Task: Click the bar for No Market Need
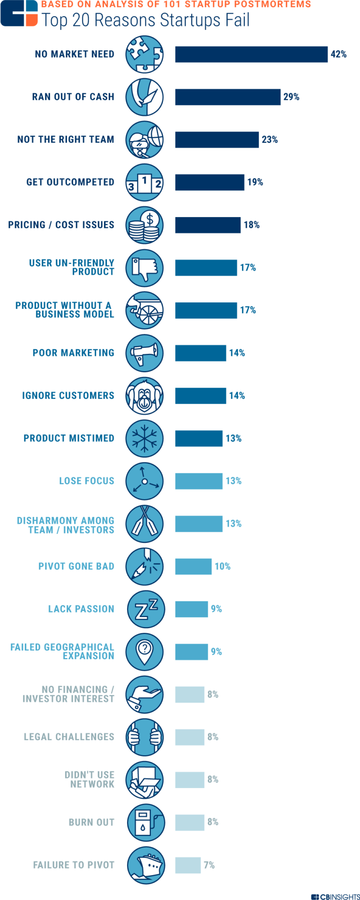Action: coord(251,54)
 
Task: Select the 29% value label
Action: coord(291,97)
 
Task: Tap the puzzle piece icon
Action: coord(144,54)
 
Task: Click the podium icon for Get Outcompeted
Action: coord(144,182)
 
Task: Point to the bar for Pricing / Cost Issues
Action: coord(208,225)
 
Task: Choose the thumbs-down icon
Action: coord(144,268)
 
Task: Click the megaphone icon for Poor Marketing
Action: coord(144,353)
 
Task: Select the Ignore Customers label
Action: coord(68,396)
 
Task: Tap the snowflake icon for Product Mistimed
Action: coord(144,439)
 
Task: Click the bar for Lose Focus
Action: coord(199,481)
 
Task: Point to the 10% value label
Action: coord(223,566)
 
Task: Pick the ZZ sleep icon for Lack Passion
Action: coord(146,609)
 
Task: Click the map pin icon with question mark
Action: coord(145,652)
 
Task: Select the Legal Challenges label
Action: coord(69,737)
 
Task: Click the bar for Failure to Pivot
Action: coord(188,865)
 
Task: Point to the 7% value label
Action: coord(209,865)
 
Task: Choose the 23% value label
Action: coord(270,140)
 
